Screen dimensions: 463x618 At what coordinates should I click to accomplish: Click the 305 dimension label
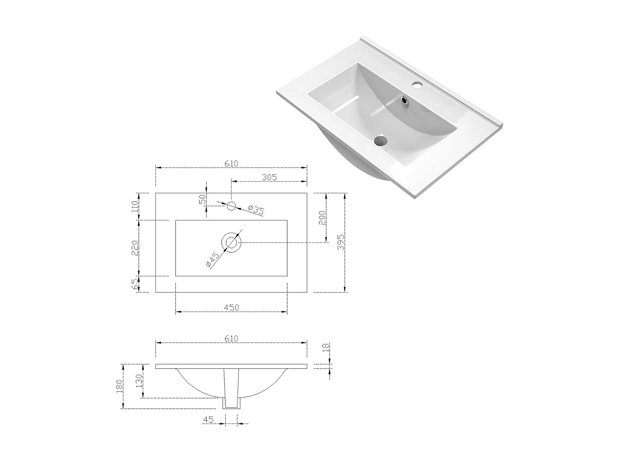[x=269, y=177]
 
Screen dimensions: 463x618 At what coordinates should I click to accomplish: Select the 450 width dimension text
[x=231, y=307]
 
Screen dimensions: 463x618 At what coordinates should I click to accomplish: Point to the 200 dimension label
[x=322, y=217]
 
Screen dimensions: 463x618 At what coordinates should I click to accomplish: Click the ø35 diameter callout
[x=256, y=210]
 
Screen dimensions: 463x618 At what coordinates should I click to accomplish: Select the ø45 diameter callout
[x=213, y=261]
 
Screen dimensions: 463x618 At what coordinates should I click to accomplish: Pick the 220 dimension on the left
[x=135, y=248]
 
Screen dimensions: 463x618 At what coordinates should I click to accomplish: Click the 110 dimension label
[x=135, y=206]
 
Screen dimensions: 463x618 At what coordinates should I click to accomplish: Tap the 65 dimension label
[x=135, y=284]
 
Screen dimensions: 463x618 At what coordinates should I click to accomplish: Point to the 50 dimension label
[x=202, y=199]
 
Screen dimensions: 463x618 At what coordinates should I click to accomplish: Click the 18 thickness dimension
[x=325, y=348]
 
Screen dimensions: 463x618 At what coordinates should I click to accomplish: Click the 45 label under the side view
[x=208, y=420]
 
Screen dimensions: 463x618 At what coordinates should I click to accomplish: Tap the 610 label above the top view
[x=231, y=163]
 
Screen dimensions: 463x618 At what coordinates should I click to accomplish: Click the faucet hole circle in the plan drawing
[x=231, y=206]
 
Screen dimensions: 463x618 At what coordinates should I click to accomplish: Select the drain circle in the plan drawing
[x=231, y=242]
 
